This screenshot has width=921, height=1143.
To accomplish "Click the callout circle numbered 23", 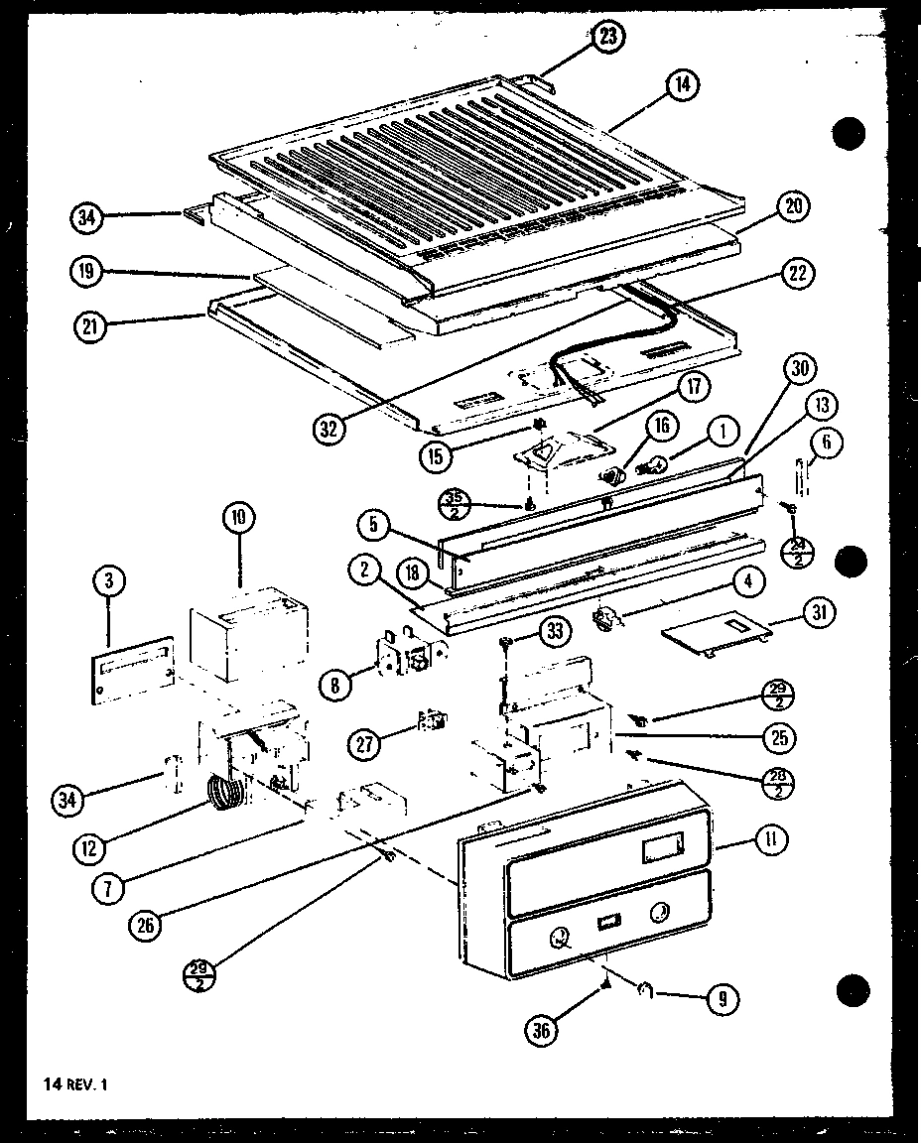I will tap(607, 37).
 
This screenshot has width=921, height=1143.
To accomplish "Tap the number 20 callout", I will tap(793, 206).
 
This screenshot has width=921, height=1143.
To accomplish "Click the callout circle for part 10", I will tap(239, 518).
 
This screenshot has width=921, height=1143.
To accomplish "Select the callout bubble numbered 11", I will tap(770, 841).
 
